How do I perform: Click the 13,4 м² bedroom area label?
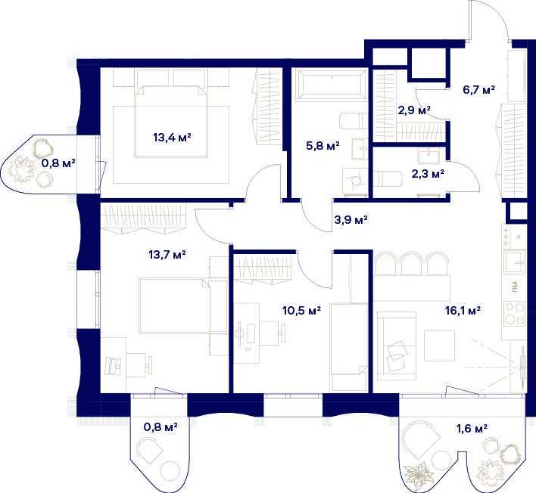coord(172,138)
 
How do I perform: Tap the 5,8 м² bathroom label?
coord(323,146)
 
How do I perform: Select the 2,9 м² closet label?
coord(414,110)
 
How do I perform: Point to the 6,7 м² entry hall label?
coord(479,90)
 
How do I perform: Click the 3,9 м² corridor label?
coord(351,219)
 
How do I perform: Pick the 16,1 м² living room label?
coord(463,310)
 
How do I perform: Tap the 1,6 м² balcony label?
coord(472,428)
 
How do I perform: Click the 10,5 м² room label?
coord(301,310)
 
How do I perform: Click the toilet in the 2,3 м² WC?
coord(387,178)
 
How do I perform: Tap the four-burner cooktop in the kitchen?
coord(514,314)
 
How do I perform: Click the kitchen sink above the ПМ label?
coord(514,262)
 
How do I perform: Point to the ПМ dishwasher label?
coord(515,287)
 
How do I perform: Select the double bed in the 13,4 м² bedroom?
coord(171,122)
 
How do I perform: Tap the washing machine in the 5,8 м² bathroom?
coord(355,181)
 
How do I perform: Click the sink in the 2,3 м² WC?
coord(428,157)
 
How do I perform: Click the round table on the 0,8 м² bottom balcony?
coord(170,471)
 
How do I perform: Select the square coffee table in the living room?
coord(440,346)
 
